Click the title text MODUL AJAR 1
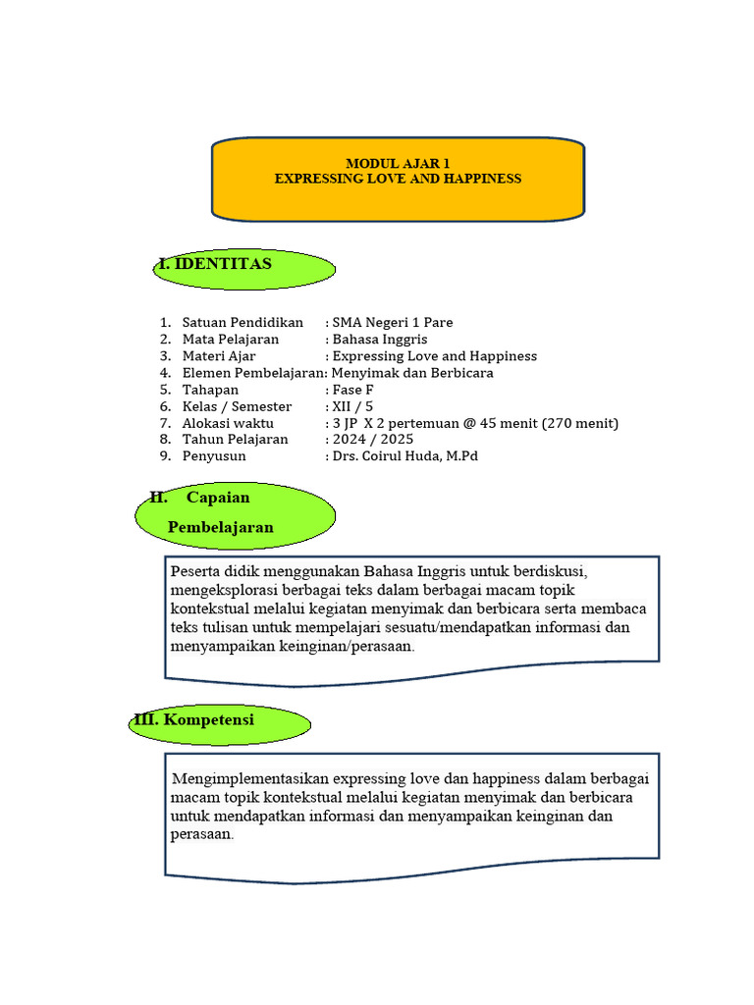pyautogui.click(x=398, y=163)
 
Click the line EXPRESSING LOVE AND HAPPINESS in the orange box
pyautogui.click(x=398, y=179)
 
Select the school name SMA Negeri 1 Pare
pyautogui.click(x=393, y=322)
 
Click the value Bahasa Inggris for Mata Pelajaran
pyautogui.click(x=380, y=339)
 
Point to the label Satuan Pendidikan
pyautogui.click(x=242, y=322)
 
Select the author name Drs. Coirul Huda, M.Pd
pyautogui.click(x=405, y=455)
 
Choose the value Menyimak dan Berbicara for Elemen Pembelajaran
pyautogui.click(x=412, y=372)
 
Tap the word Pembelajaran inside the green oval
pyautogui.click(x=221, y=528)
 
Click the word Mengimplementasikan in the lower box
pyautogui.click(x=249, y=779)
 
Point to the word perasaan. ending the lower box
pyautogui.click(x=202, y=834)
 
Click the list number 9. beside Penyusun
pyautogui.click(x=165, y=455)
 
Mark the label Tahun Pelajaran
pyautogui.click(x=236, y=439)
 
